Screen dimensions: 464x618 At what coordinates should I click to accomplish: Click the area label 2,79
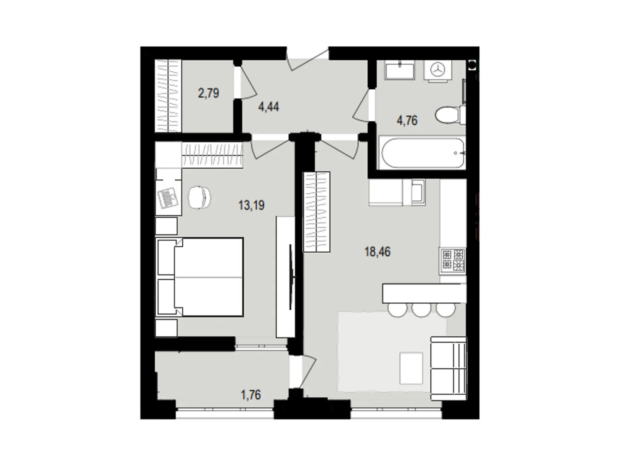pyautogui.click(x=209, y=93)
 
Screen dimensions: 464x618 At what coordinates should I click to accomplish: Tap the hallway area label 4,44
pyautogui.click(x=268, y=107)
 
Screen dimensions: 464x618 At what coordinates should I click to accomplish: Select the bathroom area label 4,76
pyautogui.click(x=407, y=121)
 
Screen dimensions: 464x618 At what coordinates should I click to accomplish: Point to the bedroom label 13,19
pyautogui.click(x=251, y=205)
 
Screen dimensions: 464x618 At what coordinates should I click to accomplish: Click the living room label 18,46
pyautogui.click(x=377, y=252)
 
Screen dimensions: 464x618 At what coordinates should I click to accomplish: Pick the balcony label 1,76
pyautogui.click(x=251, y=395)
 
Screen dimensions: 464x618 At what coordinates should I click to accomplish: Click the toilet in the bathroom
pyautogui.click(x=448, y=115)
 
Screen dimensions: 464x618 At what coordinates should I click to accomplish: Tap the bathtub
pyautogui.click(x=423, y=153)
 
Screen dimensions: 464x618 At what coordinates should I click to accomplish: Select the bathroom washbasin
pyautogui.click(x=399, y=71)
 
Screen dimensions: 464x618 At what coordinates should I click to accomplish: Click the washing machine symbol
pyautogui.click(x=438, y=70)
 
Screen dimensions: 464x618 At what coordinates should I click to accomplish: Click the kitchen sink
pyautogui.click(x=417, y=192)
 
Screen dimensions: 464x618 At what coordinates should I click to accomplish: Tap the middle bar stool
pyautogui.click(x=421, y=310)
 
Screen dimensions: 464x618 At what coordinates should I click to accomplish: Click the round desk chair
pyautogui.click(x=199, y=198)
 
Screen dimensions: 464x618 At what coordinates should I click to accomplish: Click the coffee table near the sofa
pyautogui.click(x=411, y=368)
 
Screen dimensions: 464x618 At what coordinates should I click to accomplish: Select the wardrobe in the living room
pyautogui.click(x=316, y=212)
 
